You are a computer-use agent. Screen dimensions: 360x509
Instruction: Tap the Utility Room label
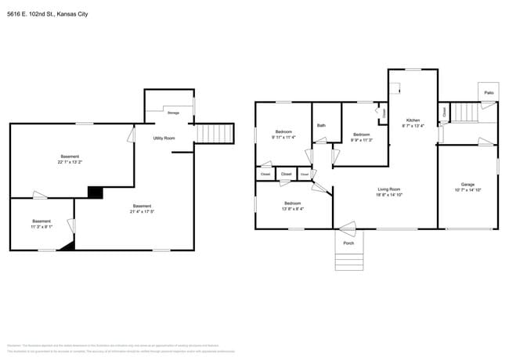pyautogui.click(x=164, y=138)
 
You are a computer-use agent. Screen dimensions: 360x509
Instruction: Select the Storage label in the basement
pyautogui.click(x=173, y=113)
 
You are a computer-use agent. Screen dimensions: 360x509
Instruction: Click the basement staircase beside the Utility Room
pyautogui.click(x=215, y=133)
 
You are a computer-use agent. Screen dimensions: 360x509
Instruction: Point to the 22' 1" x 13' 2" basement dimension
pyautogui.click(x=70, y=162)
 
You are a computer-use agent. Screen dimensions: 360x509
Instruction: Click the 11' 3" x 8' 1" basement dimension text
pyautogui.click(x=42, y=227)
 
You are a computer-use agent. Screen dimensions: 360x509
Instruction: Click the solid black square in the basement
pyautogui.click(x=95, y=193)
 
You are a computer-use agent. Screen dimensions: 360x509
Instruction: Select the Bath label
pyautogui.click(x=321, y=125)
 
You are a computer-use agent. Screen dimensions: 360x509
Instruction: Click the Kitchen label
pyautogui.click(x=412, y=120)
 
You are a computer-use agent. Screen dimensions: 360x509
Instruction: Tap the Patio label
pyautogui.click(x=488, y=92)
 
